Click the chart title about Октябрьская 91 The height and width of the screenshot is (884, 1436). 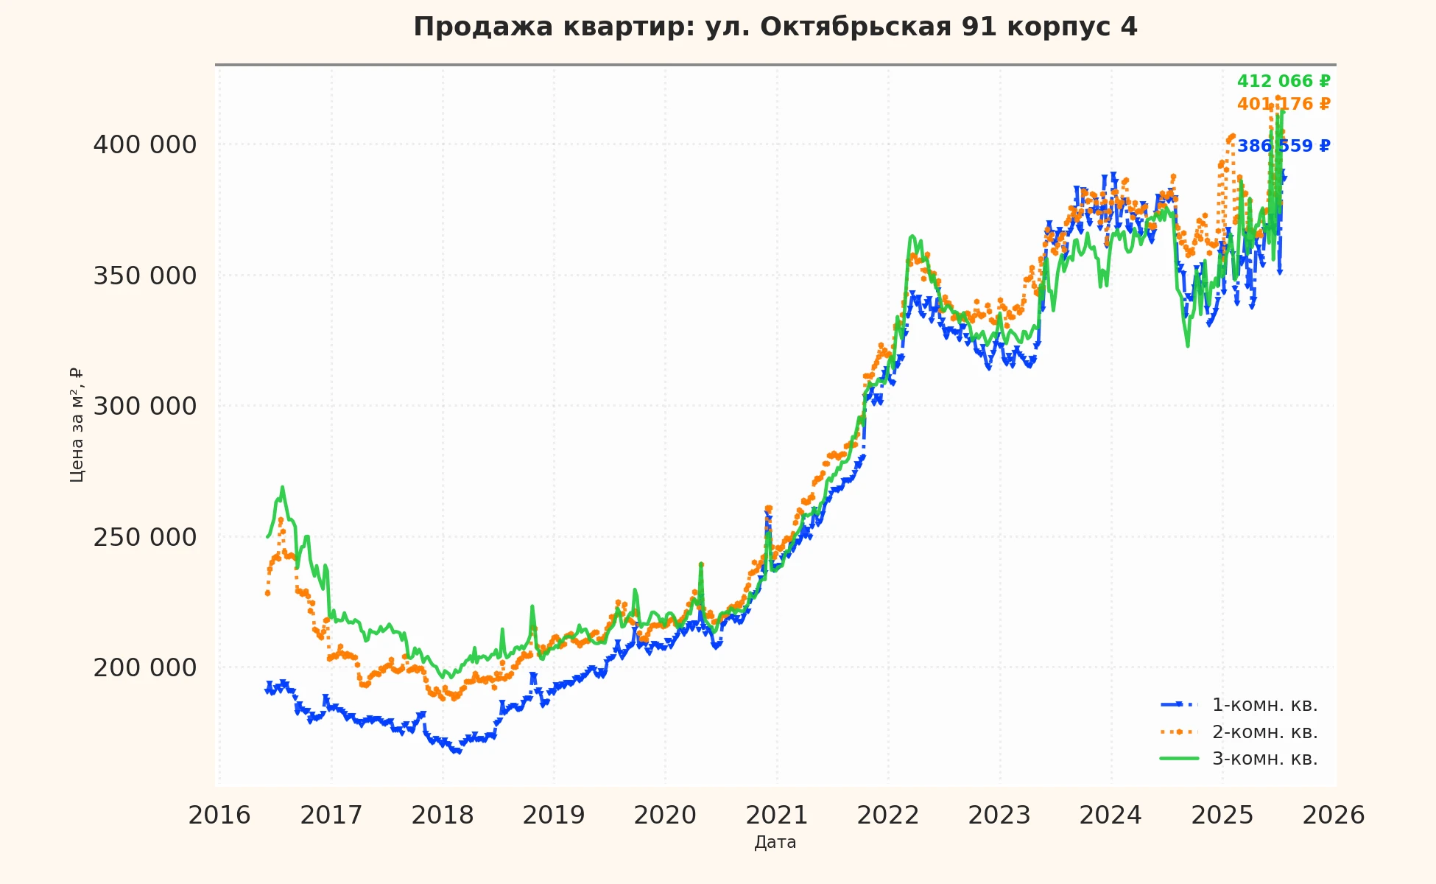click(775, 27)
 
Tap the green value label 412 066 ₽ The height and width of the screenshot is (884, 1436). click(1283, 82)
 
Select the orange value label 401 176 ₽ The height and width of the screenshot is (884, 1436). click(1283, 105)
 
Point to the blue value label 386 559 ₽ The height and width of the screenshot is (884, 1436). click(1283, 147)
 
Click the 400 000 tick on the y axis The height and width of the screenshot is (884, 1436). click(145, 145)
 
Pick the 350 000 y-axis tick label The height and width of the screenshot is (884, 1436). click(145, 276)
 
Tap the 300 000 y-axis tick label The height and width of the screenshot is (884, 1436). click(145, 407)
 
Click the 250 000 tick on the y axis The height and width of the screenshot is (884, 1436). click(145, 538)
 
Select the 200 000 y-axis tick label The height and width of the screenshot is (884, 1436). click(145, 668)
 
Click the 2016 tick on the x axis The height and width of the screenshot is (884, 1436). click(219, 815)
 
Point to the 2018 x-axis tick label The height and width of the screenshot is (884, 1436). click(443, 815)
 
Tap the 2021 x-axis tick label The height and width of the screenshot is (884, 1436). click(777, 815)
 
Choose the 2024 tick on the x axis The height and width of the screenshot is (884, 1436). click(1111, 815)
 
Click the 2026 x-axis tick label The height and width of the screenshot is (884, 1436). click(1334, 815)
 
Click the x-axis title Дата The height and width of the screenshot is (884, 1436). click(775, 843)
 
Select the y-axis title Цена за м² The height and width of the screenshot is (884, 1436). click(77, 425)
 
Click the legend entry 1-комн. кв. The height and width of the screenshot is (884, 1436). click(1264, 706)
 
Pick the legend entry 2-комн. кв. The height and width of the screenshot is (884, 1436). click(1264, 732)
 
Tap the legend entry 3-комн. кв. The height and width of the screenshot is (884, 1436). click(1264, 759)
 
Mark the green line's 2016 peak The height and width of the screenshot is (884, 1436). click(282, 487)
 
